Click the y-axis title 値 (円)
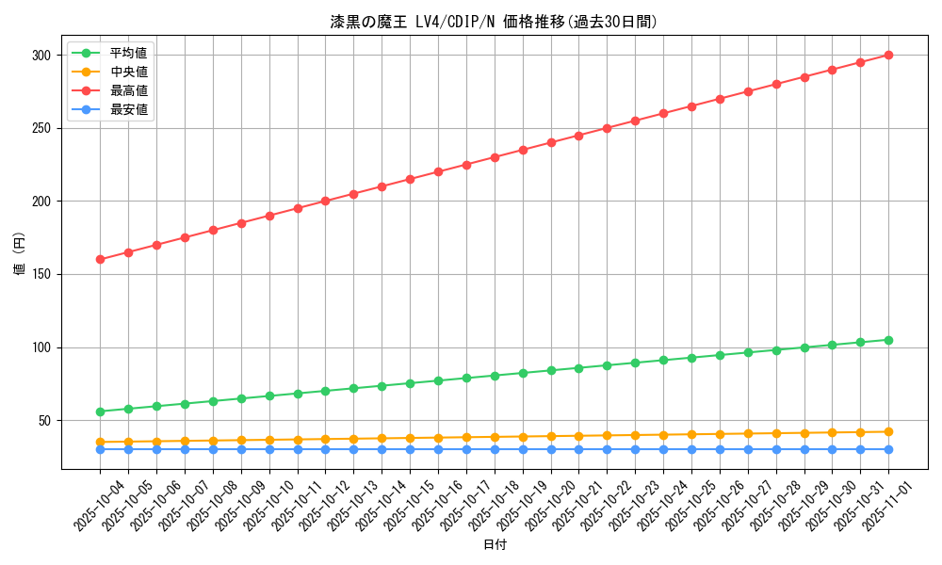(20, 254)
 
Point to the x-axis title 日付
(495, 545)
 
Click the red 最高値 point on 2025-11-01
(888, 55)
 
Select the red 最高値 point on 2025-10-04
(100, 259)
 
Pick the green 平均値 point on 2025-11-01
(888, 340)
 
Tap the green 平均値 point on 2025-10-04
(100, 412)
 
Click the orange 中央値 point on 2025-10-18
(495, 437)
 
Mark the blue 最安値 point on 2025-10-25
(691, 449)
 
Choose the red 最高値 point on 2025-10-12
(325, 201)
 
